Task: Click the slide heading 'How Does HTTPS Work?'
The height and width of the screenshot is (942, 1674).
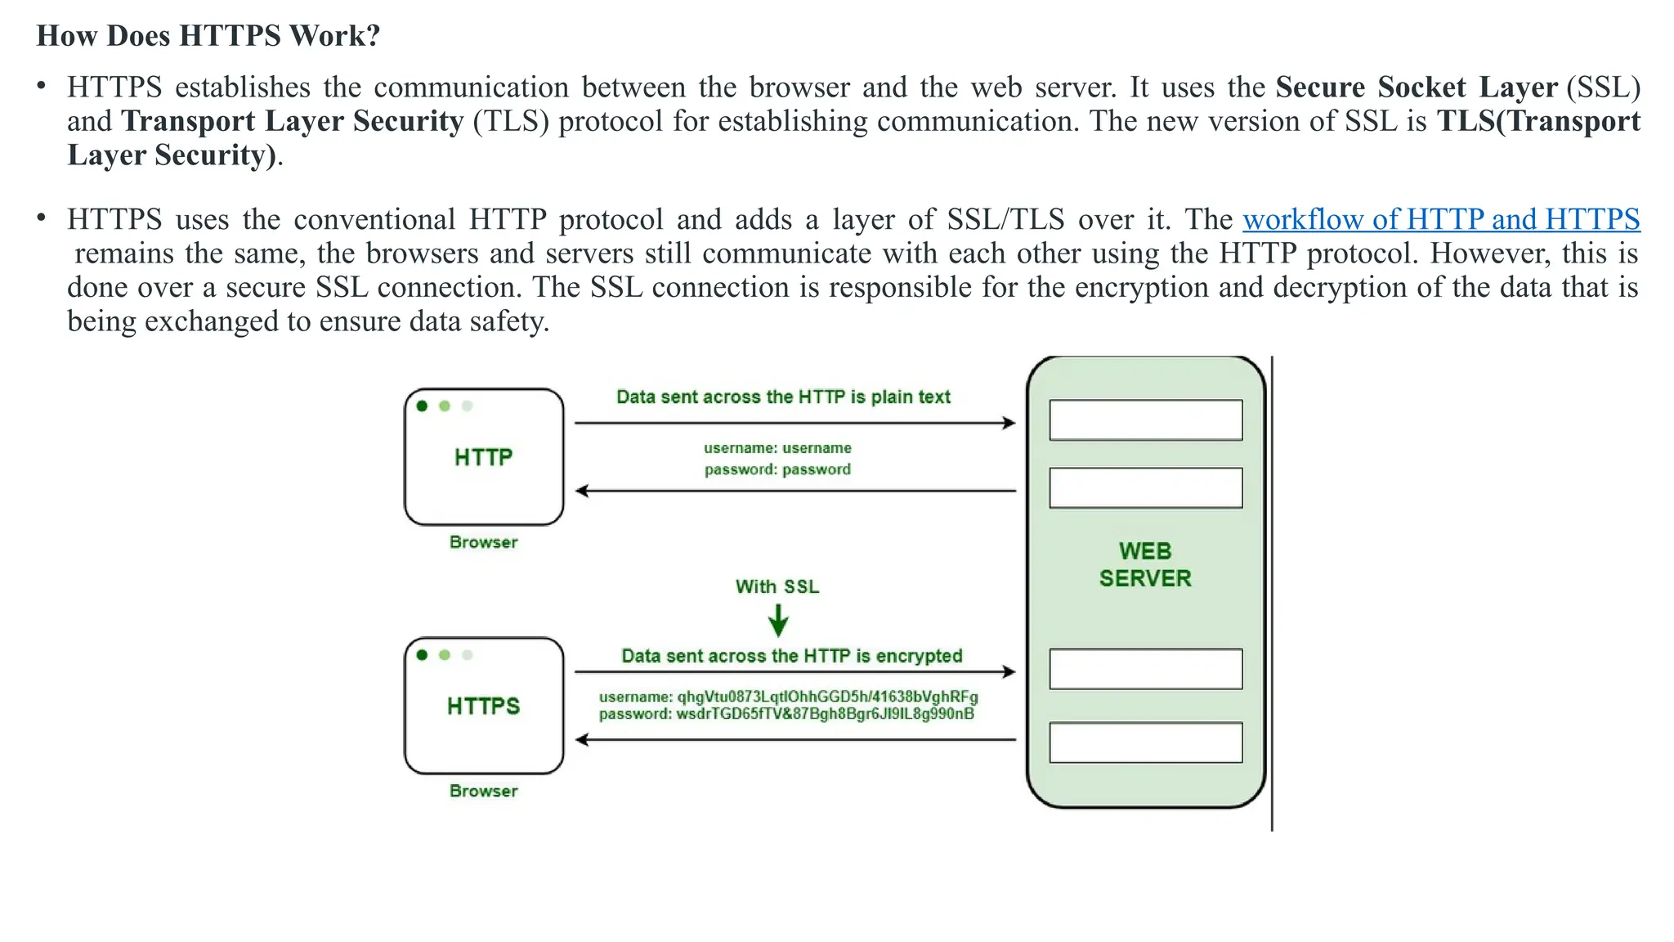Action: [208, 36]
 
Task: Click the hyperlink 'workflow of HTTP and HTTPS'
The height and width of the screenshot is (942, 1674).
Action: [1441, 219]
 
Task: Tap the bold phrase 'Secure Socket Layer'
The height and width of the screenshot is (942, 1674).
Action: [1416, 87]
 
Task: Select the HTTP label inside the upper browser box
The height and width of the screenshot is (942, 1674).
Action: [483, 457]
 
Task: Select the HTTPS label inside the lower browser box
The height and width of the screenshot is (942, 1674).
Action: [483, 706]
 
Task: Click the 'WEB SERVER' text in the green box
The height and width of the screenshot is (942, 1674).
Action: [1145, 564]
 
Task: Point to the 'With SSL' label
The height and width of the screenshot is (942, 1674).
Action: [777, 586]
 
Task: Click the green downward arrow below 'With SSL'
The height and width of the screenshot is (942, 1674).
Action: [778, 621]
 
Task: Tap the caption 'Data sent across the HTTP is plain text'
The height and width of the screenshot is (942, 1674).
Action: [783, 397]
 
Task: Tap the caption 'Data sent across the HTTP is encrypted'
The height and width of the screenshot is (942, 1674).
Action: [791, 656]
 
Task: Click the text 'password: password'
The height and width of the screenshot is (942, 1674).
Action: [777, 469]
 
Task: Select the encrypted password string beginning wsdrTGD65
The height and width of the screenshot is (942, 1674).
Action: [825, 714]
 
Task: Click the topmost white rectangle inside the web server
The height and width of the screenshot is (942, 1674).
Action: [1145, 420]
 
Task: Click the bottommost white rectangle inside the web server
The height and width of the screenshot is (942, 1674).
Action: [1145, 742]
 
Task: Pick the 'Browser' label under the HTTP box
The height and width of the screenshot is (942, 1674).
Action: [483, 542]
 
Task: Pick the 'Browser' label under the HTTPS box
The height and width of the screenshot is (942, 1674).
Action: [483, 791]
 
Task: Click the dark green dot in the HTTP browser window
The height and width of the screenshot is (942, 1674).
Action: [422, 406]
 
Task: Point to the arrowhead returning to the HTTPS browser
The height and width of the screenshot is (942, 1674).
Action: [582, 740]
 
